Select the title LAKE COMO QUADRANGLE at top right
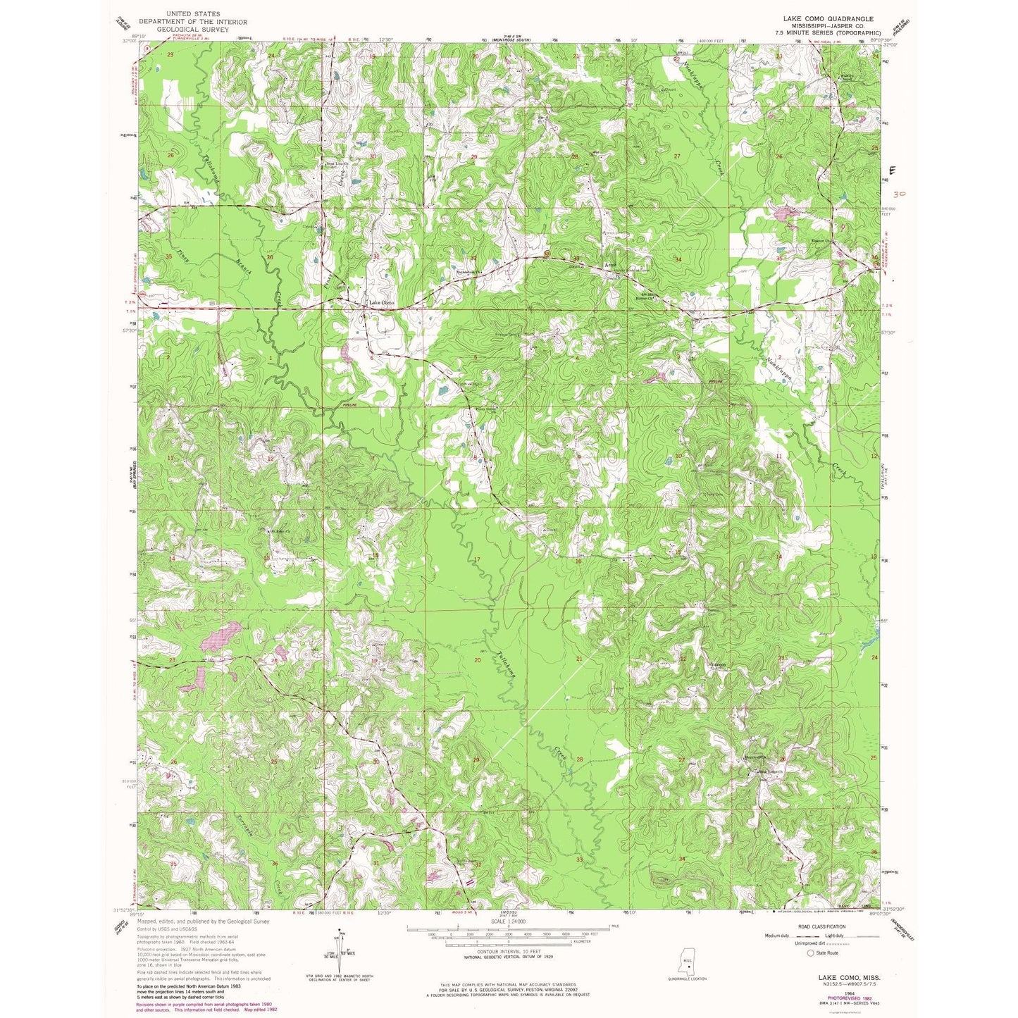click(x=822, y=19)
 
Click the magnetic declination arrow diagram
click(x=340, y=951)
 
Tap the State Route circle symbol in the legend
click(x=809, y=953)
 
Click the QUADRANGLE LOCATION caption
click(x=687, y=979)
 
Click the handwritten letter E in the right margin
click(x=893, y=170)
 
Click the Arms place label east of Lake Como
click(x=612, y=266)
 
